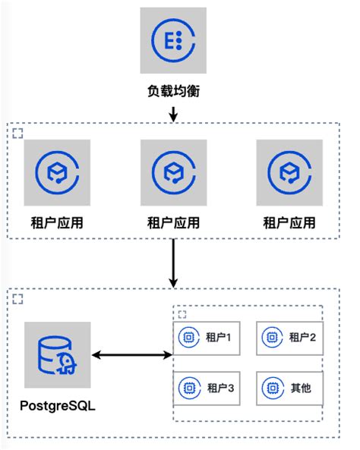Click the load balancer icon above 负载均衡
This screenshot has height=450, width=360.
172,40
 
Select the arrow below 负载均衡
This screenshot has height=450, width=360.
173,112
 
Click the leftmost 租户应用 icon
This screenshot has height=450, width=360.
57,172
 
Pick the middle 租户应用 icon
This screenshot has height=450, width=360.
174,172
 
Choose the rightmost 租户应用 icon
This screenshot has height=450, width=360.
289,172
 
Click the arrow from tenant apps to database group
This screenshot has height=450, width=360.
173,263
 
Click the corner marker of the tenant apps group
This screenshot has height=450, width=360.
18,134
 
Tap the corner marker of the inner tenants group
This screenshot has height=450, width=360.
182,313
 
